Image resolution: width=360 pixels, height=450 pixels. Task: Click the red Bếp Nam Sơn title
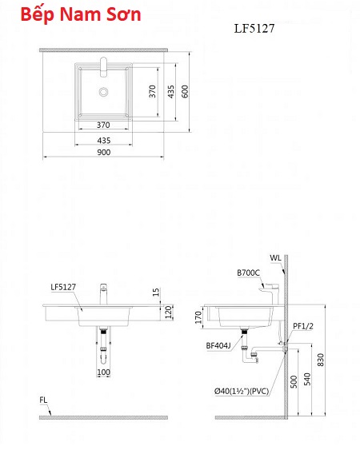[81, 14]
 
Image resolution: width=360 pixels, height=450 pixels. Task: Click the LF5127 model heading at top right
[254, 28]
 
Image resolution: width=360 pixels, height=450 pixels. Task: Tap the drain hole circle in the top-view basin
[103, 92]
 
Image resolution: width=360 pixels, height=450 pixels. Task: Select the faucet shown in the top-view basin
[103, 67]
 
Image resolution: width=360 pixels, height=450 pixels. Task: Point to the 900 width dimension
[103, 152]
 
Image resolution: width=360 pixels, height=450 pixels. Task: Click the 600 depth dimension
[185, 91]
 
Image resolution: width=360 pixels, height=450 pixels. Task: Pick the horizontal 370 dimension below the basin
[103, 125]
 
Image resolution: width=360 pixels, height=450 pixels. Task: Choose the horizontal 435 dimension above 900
[104, 141]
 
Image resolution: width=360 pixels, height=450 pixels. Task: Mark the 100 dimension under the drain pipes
[103, 372]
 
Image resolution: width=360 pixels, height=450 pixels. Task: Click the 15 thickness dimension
[155, 293]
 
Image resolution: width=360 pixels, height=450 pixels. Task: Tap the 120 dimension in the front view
[168, 312]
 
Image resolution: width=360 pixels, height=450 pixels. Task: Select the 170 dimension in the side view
[198, 317]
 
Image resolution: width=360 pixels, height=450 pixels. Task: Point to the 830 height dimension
[320, 360]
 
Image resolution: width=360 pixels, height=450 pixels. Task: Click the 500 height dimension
[294, 382]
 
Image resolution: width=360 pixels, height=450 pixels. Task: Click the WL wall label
[275, 258]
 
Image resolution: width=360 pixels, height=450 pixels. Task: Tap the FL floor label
[43, 400]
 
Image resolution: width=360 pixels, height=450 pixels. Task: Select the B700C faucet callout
[248, 273]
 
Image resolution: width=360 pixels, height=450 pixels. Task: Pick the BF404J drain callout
[218, 346]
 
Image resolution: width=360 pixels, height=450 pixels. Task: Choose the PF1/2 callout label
[303, 326]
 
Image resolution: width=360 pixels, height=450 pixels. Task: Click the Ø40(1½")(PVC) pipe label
[242, 391]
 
